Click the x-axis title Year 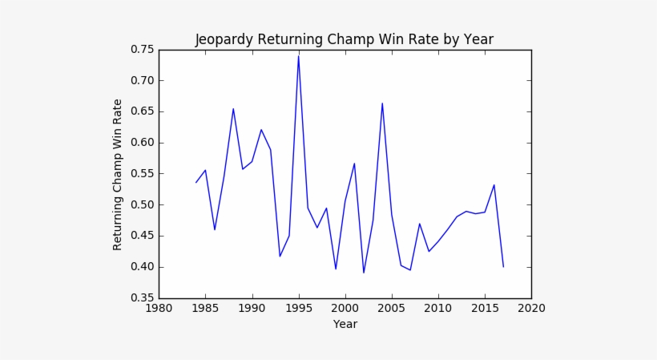tap(345, 324)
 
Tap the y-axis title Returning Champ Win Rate tap(118, 174)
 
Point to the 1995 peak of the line tap(299, 55)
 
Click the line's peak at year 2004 tap(382, 103)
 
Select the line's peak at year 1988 tap(233, 108)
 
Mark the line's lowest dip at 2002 tap(364, 273)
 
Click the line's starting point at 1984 tap(196, 182)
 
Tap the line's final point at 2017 tap(503, 266)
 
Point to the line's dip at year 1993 tap(280, 256)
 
